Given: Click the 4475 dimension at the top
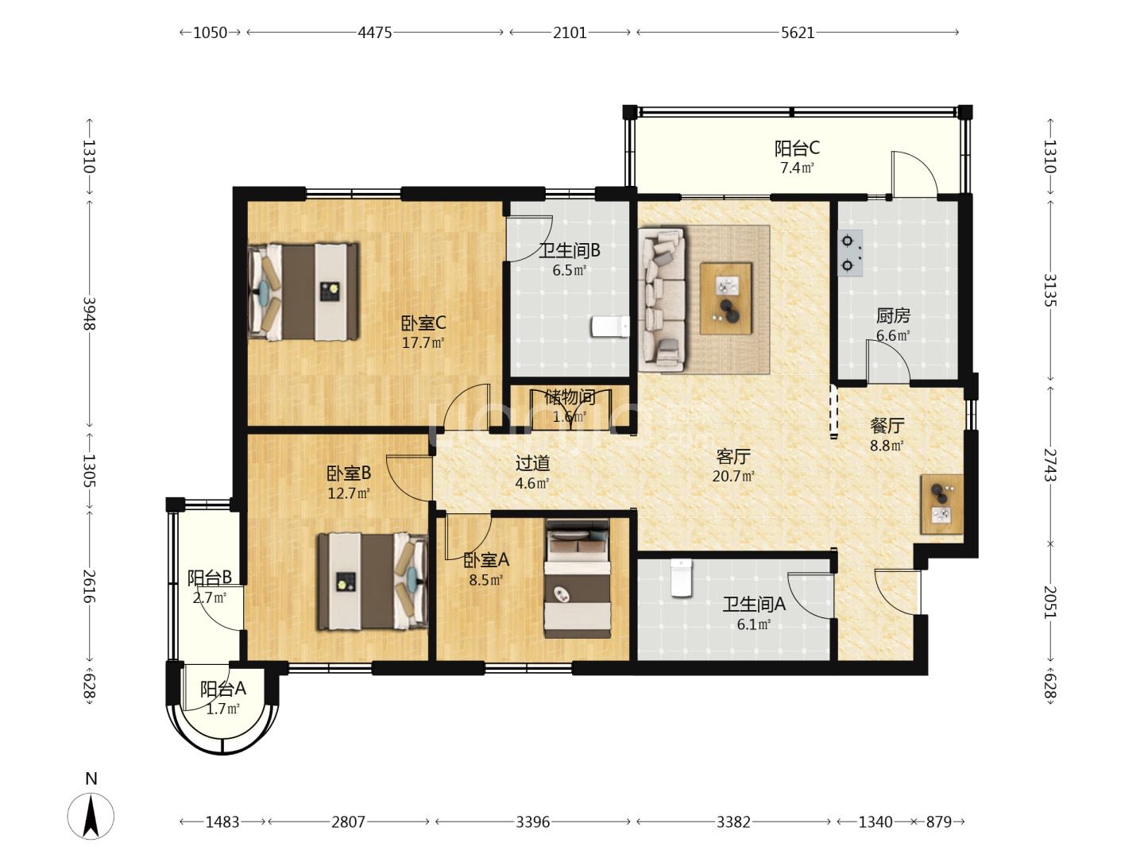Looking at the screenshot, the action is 374,33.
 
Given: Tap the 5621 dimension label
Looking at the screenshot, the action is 798,33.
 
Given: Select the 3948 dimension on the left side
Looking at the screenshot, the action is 90,313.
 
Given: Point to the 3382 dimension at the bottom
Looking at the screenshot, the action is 733,821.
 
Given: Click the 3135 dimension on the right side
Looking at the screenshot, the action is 1049,290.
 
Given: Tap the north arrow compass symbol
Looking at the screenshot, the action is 91,816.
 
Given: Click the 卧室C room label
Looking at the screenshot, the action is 423,323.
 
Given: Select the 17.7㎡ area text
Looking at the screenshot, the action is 423,342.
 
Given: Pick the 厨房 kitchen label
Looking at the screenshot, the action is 893,315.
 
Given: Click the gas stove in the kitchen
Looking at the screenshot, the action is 849,253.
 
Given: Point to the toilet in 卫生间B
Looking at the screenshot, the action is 610,327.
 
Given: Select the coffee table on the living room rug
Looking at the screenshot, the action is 726,299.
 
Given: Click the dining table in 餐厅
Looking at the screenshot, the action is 941,504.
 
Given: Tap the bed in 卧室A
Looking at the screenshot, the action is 578,578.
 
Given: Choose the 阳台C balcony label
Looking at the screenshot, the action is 797,149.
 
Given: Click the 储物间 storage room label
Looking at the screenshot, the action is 570,397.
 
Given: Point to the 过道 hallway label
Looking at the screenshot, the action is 532,462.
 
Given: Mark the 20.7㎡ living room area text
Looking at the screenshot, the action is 733,476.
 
